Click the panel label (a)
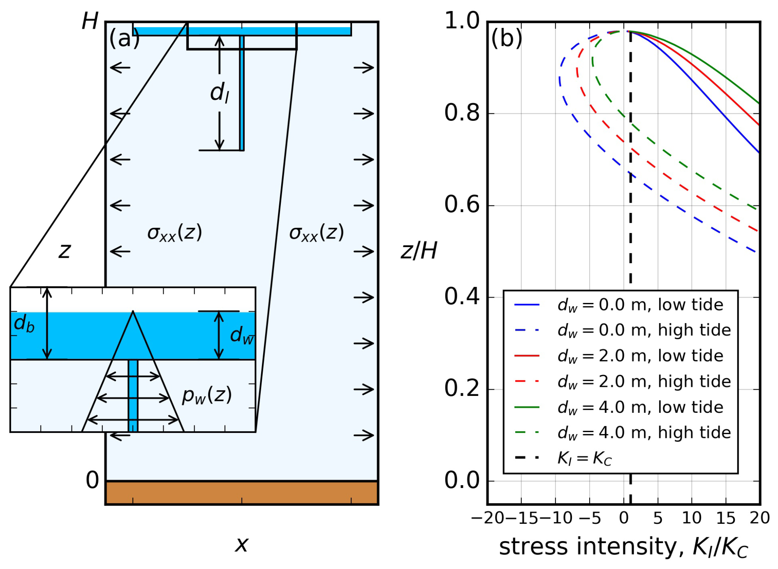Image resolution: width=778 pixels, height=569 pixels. click(124, 39)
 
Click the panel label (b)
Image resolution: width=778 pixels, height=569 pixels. click(507, 39)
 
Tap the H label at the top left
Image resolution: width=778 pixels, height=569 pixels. click(90, 21)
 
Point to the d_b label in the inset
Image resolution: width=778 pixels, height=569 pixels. click(24, 323)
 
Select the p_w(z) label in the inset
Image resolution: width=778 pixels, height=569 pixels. click(207, 396)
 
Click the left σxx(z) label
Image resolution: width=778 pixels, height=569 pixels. click(175, 233)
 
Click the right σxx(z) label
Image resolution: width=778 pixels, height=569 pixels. click(317, 233)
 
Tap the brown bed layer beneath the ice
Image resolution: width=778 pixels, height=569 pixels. click(242, 493)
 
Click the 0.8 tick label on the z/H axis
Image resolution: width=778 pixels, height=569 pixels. click(462, 113)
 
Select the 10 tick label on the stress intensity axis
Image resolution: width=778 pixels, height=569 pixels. click(692, 518)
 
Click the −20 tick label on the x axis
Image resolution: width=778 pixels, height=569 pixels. click(488, 518)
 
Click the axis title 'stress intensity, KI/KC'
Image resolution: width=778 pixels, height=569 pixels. click(623, 548)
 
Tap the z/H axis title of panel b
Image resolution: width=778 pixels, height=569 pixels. click(419, 250)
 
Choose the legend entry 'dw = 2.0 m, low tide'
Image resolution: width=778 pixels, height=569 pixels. click(619, 356)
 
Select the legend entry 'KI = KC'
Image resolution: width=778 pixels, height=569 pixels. click(563, 458)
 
